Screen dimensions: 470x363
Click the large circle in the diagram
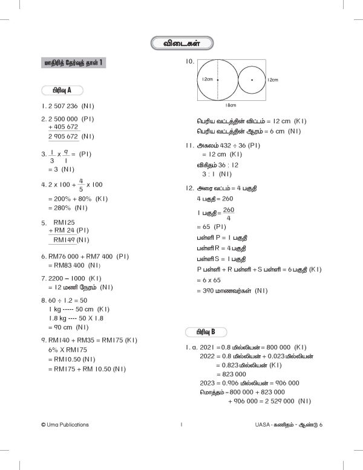point(217,79)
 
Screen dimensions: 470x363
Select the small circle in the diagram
point(252,79)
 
